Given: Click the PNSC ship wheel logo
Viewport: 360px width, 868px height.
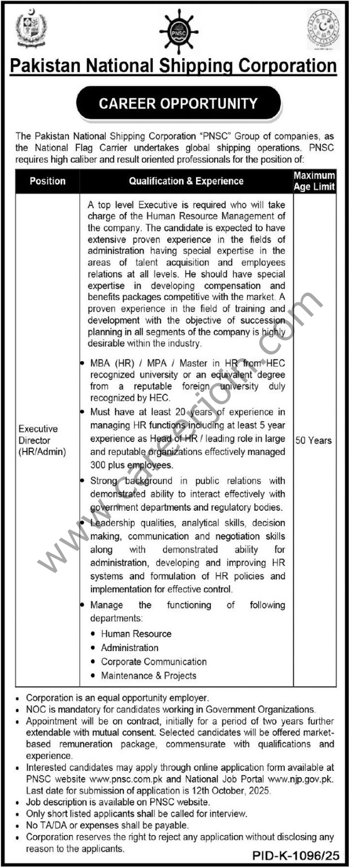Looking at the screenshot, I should tap(179, 32).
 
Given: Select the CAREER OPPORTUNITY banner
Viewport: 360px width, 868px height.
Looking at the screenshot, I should tap(179, 104).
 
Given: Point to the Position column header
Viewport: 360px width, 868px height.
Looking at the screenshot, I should tap(48, 181).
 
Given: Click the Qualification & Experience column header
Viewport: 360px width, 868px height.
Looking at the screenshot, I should tap(186, 181).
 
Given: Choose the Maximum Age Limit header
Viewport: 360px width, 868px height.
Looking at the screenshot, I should tap(314, 181).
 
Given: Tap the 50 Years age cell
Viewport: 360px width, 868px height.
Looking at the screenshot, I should tap(314, 440).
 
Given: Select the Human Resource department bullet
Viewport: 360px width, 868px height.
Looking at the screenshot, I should tap(136, 634).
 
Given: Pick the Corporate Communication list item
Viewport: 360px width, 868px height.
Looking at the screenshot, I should tap(154, 661).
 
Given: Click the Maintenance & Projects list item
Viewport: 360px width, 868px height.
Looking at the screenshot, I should tap(149, 675).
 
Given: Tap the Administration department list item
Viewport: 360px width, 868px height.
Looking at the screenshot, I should tap(129, 648).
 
